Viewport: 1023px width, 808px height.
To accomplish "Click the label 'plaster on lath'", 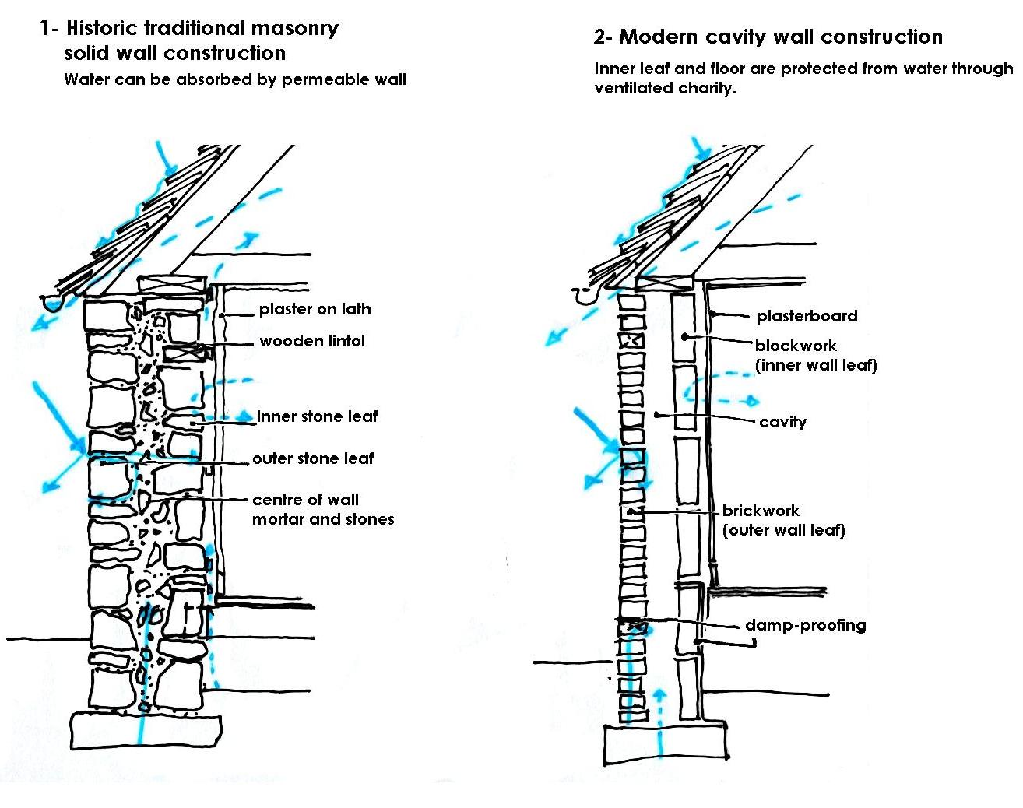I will click(x=315, y=309).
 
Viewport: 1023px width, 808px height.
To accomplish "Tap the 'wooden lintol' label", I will click(x=311, y=341).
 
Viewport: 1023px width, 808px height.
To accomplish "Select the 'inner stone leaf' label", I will click(x=317, y=416).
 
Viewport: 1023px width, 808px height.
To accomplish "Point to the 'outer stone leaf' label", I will click(x=313, y=458).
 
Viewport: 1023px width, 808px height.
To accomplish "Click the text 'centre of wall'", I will click(x=305, y=500).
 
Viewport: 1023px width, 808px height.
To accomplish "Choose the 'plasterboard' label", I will click(x=807, y=316).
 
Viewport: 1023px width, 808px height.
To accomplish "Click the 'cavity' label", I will click(x=782, y=422).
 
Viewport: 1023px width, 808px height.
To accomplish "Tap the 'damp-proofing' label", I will click(x=805, y=625).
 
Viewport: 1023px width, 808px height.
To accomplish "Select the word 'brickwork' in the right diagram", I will click(x=761, y=511).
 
